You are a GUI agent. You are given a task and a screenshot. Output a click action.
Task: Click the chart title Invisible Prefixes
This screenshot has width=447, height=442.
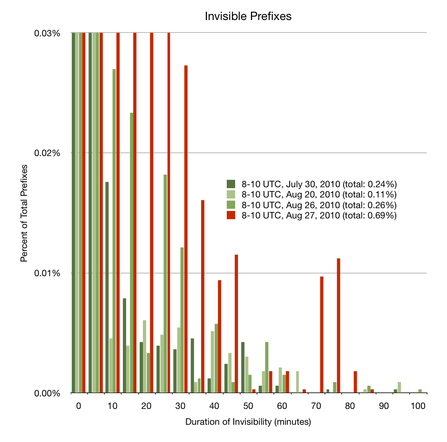click(x=248, y=16)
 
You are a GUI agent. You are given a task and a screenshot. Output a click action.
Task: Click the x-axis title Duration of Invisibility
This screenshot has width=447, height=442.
click(x=248, y=422)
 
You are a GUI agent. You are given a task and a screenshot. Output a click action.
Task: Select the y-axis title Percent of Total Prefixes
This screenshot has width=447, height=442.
click(x=24, y=212)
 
